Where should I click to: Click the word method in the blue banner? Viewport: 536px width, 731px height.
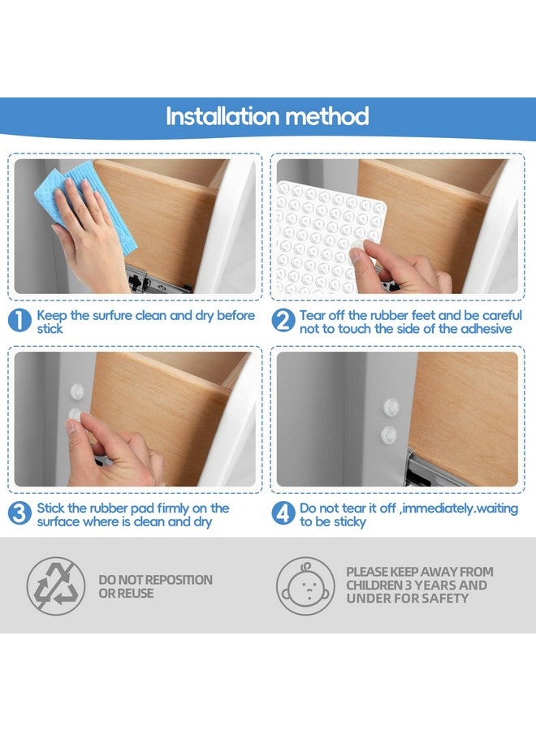coord(326,116)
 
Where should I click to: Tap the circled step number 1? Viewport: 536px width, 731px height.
coord(19,321)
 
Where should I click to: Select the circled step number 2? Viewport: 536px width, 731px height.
coord(283,321)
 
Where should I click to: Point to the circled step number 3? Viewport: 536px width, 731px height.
coord(19,513)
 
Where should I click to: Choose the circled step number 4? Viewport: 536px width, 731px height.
coord(283,513)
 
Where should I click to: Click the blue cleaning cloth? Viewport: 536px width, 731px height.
coord(85,205)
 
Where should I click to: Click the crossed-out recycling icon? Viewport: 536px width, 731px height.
coord(56,586)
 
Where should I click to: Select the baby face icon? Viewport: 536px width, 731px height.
coord(305,586)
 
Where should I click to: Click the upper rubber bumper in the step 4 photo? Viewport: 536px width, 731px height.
coord(391,407)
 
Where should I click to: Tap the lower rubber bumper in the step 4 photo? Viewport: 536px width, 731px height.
coord(389,435)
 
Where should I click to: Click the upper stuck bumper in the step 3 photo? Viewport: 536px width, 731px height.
coord(77,391)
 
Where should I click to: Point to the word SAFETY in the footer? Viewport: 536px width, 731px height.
coord(448,598)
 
